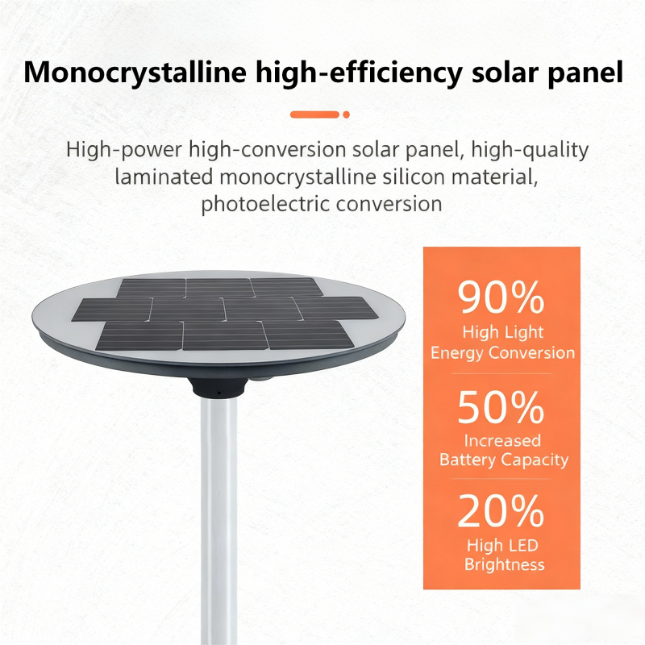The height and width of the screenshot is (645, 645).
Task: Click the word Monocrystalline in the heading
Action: (x=135, y=73)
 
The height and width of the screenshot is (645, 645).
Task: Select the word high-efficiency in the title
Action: (x=359, y=73)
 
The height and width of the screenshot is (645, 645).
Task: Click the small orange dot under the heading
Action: (x=347, y=114)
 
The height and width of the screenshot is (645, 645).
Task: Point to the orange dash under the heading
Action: (x=314, y=114)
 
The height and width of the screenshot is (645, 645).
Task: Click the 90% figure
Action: (x=501, y=297)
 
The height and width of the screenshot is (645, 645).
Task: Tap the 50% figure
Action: (x=501, y=407)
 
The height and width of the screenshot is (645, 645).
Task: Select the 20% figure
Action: (x=501, y=510)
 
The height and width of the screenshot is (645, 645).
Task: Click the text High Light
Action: (x=502, y=332)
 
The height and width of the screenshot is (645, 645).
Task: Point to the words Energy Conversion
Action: (x=502, y=353)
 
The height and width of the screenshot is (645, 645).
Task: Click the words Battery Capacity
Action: (x=504, y=460)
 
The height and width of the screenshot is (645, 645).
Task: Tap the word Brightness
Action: (x=505, y=564)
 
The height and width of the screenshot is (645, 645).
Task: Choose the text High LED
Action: (x=502, y=545)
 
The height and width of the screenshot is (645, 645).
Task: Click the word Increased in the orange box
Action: (x=502, y=440)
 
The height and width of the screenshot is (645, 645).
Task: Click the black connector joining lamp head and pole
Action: (x=218, y=388)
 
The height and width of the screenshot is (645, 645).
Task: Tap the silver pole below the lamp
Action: (x=218, y=520)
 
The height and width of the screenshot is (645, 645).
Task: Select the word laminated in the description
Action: (x=164, y=177)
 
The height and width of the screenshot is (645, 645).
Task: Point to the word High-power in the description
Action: (x=124, y=150)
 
